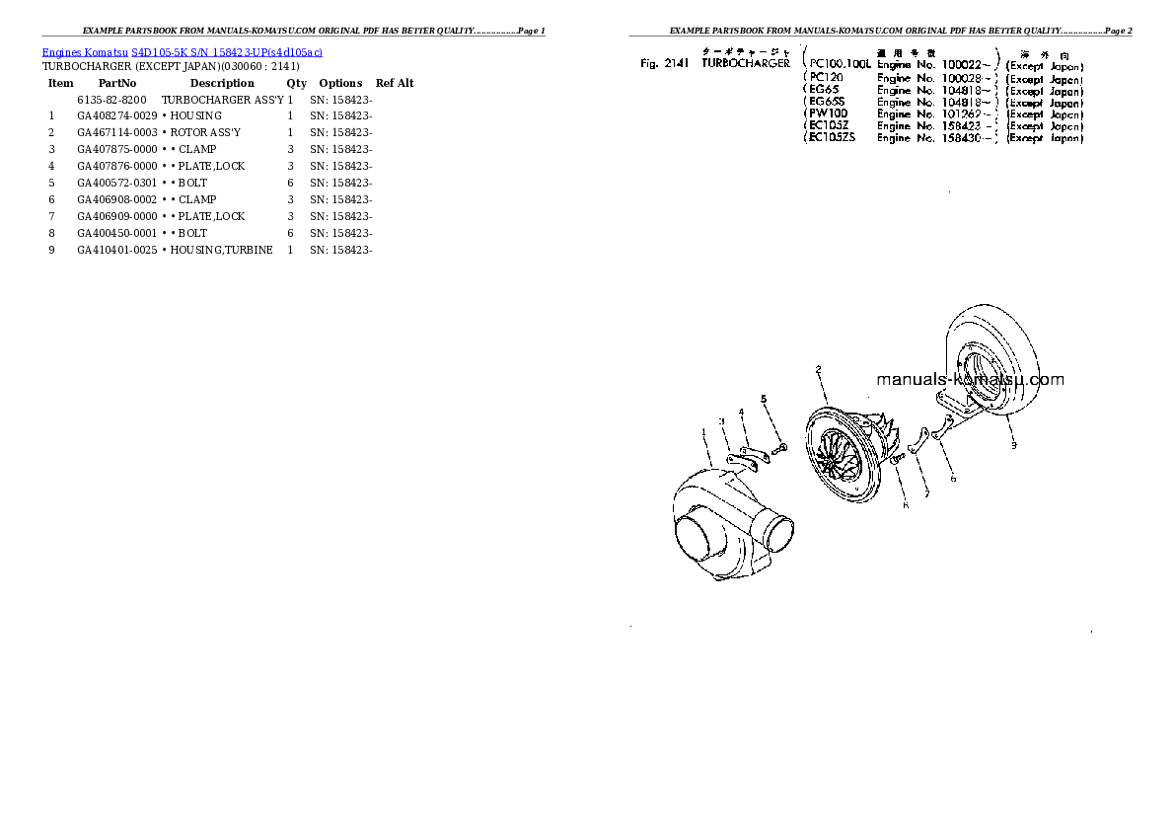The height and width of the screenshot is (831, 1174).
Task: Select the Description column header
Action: [x=221, y=84]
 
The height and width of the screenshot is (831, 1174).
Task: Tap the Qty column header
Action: [x=297, y=84]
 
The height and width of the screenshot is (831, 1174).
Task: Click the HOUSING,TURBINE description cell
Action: [x=218, y=251]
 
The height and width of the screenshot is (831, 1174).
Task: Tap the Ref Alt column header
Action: [x=395, y=84]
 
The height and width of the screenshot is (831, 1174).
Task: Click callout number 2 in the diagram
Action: [x=818, y=371]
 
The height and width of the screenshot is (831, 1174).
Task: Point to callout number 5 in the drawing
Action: [x=763, y=399]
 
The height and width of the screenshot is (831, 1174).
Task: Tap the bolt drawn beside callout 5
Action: [x=779, y=450]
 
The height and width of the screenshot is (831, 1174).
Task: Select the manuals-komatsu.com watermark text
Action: [x=970, y=380]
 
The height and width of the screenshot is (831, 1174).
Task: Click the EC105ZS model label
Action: [x=832, y=138]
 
